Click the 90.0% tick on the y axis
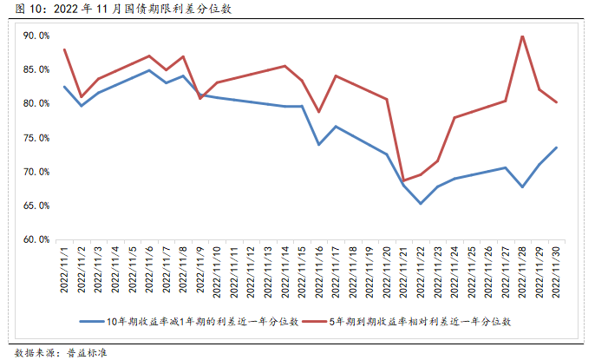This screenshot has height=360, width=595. (x=36, y=36)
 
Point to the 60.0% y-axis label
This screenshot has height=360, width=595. (x=36, y=239)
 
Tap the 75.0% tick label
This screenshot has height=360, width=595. (x=36, y=138)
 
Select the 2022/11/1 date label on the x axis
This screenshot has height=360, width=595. (x=65, y=273)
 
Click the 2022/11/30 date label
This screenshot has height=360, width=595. (x=555, y=273)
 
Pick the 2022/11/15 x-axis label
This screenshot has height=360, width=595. (x=302, y=273)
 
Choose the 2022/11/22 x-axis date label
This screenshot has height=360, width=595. (x=421, y=273)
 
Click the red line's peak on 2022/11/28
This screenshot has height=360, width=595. (x=522, y=36)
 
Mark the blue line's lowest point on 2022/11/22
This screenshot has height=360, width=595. (x=421, y=203)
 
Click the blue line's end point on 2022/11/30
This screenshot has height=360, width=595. (x=556, y=147)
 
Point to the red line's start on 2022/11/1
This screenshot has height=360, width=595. (x=65, y=49)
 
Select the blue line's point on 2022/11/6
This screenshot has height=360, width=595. (x=149, y=70)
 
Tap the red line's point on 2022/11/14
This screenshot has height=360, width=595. (x=284, y=66)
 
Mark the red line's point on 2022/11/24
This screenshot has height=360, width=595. (x=454, y=118)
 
